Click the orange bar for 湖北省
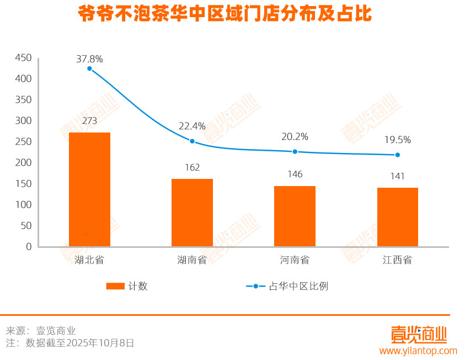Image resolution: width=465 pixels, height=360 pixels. click(x=89, y=189)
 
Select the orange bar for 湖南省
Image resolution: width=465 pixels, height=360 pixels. click(x=192, y=213)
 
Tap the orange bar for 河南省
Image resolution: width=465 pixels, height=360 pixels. click(x=295, y=216)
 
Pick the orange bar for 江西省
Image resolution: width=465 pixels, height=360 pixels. click(x=397, y=217)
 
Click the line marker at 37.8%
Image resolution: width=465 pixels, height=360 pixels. click(x=89, y=68)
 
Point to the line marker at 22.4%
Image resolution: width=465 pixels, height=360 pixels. click(x=192, y=141)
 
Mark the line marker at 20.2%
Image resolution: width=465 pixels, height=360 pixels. click(x=295, y=151)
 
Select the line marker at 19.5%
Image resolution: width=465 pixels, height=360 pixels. click(x=397, y=155)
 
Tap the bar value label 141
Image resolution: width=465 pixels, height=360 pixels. click(x=397, y=176)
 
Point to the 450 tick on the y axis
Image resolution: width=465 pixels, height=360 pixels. click(x=23, y=58)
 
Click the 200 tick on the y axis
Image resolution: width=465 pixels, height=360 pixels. click(x=23, y=163)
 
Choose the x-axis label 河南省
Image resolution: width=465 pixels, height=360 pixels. click(x=295, y=260)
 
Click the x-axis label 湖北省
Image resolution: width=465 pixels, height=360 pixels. click(x=89, y=260)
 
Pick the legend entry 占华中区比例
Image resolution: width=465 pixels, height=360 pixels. click(x=298, y=286)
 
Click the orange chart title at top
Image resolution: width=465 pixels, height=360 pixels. click(x=225, y=14)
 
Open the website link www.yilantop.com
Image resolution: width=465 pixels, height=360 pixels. click(x=418, y=351)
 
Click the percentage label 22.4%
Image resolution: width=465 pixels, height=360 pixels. click(x=192, y=126)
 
